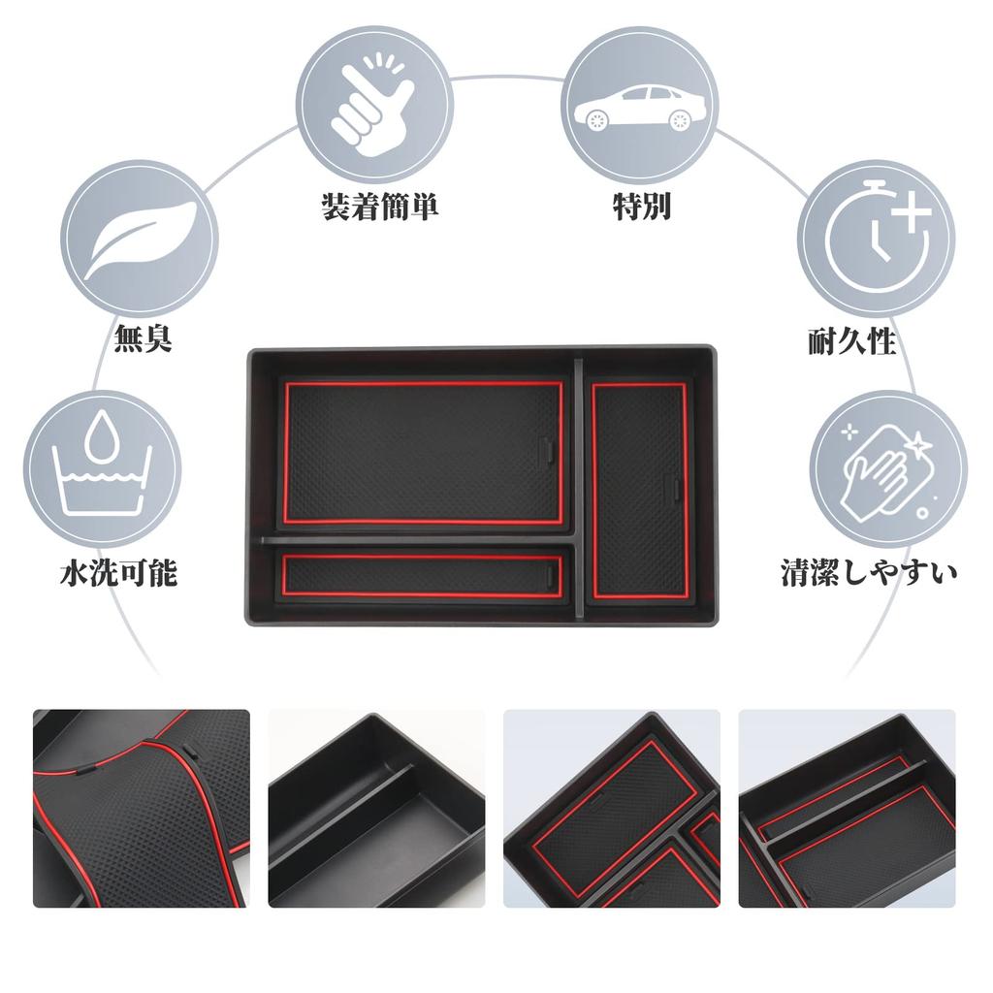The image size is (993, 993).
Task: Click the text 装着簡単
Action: [x=379, y=207]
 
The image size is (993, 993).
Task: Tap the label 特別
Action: [x=641, y=207]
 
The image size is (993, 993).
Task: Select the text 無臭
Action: [x=143, y=340]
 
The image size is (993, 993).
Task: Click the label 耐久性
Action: [x=851, y=341]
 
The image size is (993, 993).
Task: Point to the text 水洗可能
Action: [x=118, y=573]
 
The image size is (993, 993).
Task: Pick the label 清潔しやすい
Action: [x=869, y=572]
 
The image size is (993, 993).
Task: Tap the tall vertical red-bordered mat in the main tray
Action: [x=639, y=490]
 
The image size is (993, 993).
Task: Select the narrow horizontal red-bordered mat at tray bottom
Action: [x=424, y=574]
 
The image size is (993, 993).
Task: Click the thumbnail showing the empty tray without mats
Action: [x=376, y=808]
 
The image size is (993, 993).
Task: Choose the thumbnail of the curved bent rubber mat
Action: [x=142, y=808]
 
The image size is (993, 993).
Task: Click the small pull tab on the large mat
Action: [x=546, y=449]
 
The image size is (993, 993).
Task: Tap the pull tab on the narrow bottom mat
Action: [x=552, y=576]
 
